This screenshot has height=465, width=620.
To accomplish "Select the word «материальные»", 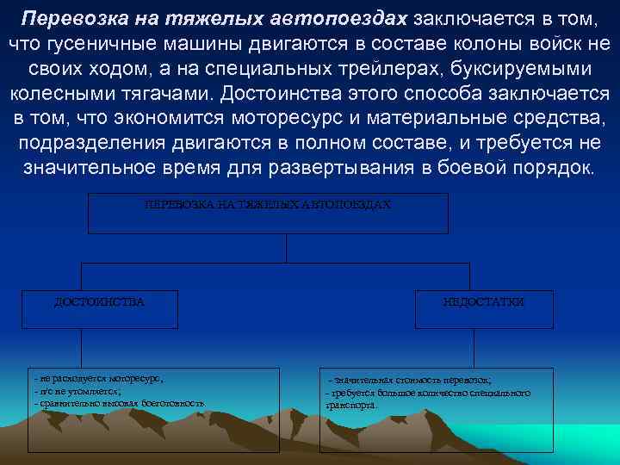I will coord(466,117).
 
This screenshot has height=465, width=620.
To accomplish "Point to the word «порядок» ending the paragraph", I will coord(551,166).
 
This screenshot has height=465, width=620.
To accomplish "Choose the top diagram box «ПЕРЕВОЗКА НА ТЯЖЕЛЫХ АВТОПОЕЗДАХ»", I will coord(268,213).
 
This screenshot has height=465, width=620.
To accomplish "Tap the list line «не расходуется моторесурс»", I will coord(99,378).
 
